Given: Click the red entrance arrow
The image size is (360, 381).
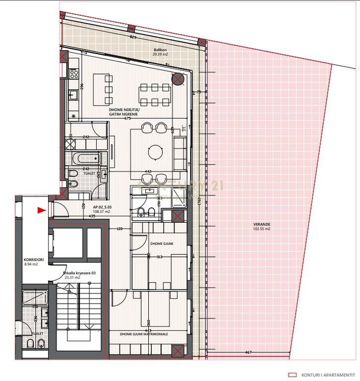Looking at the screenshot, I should point(41,210).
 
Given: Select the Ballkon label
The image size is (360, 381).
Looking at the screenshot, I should point(160,50).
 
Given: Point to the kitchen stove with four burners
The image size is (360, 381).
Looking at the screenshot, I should point(74,73).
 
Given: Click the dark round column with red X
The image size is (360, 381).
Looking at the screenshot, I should point(178,79).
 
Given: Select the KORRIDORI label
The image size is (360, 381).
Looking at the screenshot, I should point(33,259).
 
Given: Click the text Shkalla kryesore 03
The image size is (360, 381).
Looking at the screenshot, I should point(80,272).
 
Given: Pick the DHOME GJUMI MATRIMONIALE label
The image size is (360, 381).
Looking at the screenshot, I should point(144,334).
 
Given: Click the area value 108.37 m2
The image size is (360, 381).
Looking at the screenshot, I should point(101,211).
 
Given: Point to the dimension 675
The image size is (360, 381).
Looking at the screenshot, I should point(127,118).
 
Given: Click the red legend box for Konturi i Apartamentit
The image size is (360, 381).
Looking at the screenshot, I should point(293,375).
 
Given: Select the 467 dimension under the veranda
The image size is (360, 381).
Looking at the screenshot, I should point(248,352).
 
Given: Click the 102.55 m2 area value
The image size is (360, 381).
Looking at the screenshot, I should point(261,229).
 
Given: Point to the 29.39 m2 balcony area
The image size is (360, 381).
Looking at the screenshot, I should point(160,54).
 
